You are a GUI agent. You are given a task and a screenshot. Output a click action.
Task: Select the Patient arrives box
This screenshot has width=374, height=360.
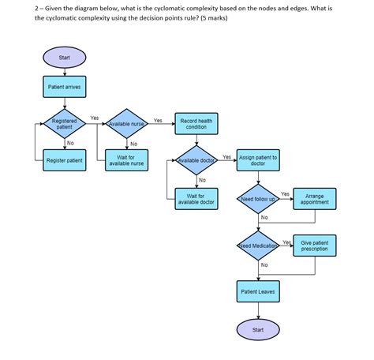(x=65, y=86)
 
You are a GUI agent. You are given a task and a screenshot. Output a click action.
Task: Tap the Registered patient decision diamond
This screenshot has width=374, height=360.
(x=65, y=124)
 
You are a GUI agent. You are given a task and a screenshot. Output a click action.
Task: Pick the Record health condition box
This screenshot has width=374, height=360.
(x=196, y=124)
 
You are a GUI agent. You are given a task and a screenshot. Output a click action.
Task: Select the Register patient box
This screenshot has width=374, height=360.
(x=65, y=160)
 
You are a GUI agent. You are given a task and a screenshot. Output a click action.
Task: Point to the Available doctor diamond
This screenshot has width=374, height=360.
(x=196, y=160)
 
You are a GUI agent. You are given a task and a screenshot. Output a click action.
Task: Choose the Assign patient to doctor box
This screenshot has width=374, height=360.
(x=257, y=160)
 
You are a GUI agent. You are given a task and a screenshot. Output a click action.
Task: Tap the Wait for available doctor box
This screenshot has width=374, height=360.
(x=196, y=198)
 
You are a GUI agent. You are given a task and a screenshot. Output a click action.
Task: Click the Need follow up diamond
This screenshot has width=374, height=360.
(x=257, y=199)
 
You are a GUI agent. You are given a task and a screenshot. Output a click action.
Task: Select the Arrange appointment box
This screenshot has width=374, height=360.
(x=320, y=198)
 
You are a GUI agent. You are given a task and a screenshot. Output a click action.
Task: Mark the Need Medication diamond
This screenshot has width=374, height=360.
(x=257, y=246)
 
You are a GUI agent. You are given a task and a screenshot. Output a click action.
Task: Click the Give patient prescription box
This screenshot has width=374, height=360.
(x=320, y=246)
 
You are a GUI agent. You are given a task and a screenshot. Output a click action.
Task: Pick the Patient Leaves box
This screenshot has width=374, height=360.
(x=257, y=291)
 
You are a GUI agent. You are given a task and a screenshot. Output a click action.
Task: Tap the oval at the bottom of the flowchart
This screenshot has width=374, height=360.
(x=257, y=328)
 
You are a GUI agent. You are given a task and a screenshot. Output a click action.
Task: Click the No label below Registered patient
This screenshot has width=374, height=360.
(x=70, y=143)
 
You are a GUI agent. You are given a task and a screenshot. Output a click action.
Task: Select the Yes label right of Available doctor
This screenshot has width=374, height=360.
(x=227, y=156)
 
